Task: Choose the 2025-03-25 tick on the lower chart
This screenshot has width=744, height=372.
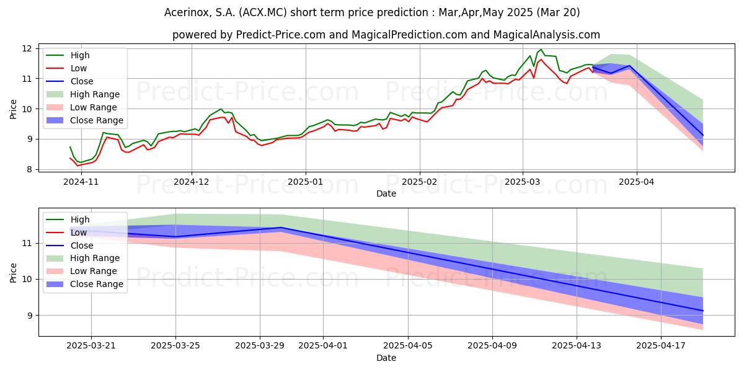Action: tap(175, 345)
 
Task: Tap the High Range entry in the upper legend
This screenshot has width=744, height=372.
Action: tap(95, 94)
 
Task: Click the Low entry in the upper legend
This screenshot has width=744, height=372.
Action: tap(79, 68)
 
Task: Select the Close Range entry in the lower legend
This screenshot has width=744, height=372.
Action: tap(97, 284)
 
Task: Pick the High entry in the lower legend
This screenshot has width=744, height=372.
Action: tap(80, 219)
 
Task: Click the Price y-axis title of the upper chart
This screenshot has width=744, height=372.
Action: tap(14, 108)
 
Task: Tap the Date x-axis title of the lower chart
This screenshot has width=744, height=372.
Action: tap(386, 358)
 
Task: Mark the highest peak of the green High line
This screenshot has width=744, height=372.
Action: tap(541, 50)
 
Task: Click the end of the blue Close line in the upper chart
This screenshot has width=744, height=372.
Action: tap(703, 135)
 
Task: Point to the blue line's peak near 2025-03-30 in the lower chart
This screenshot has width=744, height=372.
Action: tap(281, 228)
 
